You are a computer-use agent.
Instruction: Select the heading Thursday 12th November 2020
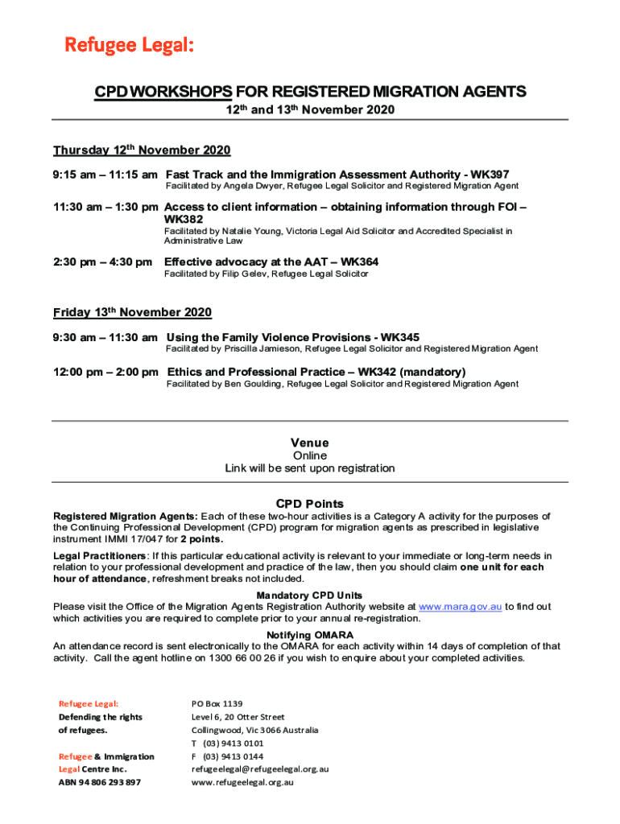click(142, 150)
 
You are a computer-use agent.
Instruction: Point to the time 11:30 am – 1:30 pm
click(105, 207)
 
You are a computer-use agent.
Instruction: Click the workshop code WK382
click(183, 219)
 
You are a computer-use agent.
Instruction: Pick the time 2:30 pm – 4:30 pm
click(102, 262)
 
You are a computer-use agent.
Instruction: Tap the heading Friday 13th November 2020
click(132, 312)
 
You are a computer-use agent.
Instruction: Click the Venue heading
click(309, 443)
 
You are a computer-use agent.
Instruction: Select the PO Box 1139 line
click(217, 703)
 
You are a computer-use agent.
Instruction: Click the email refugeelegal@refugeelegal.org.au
click(259, 768)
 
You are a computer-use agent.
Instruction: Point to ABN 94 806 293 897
click(99, 782)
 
